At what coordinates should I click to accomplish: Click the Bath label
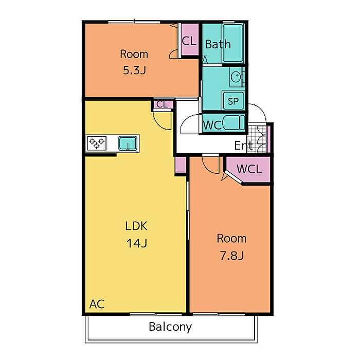coord(218,44)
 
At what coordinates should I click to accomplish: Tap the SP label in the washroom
coord(233,101)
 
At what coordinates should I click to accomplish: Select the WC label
coord(212,125)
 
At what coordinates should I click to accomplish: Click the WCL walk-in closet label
coord(249,169)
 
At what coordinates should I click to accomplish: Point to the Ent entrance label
coord(243,146)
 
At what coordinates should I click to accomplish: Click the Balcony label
coord(170,327)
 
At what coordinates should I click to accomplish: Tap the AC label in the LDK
coord(97,304)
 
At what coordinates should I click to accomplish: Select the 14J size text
coord(137,243)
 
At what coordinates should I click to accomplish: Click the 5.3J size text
coord(135,70)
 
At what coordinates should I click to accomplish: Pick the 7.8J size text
coord(231,256)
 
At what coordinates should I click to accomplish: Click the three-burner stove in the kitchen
coord(97,143)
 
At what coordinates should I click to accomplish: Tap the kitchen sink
coord(128,143)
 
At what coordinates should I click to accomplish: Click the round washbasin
coord(236,77)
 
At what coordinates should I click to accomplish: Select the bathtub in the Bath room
coord(233,43)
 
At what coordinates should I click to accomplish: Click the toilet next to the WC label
coord(233,123)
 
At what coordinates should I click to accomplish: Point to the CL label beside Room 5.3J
coord(189,41)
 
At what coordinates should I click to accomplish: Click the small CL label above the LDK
coord(162,104)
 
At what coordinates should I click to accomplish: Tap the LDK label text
coord(136,226)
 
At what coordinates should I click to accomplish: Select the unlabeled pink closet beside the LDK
coord(181,165)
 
